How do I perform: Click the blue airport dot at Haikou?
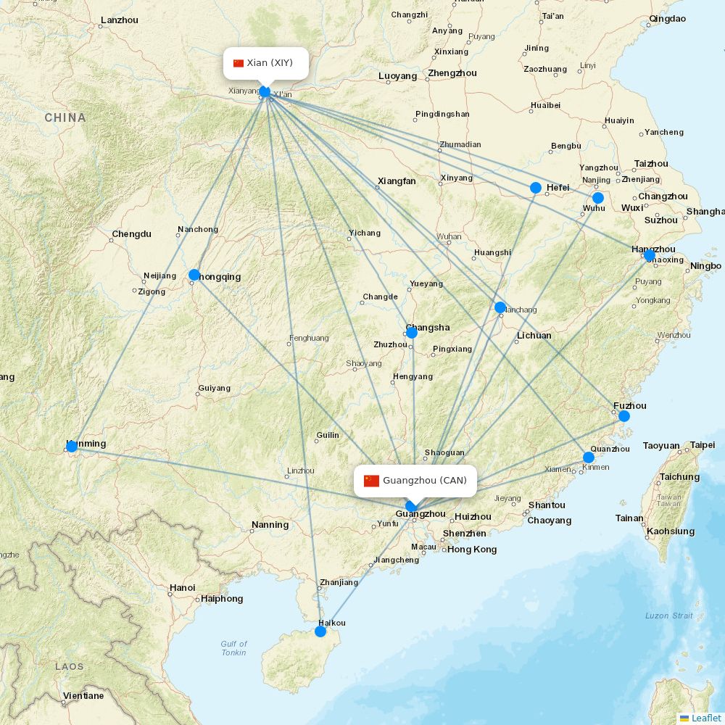(320, 631)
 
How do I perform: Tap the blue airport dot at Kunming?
(72, 446)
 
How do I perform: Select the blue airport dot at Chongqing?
(194, 275)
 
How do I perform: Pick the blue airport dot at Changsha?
(412, 333)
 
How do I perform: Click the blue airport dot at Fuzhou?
(623, 416)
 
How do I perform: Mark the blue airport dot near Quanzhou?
(589, 457)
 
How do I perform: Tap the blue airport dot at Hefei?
(536, 188)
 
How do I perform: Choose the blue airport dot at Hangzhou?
(650, 255)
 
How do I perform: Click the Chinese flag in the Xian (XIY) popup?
(239, 63)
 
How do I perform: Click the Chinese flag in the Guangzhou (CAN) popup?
(372, 481)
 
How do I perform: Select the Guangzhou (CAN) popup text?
(425, 481)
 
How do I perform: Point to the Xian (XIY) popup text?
(270, 63)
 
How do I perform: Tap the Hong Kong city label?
(472, 550)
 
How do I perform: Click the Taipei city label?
(702, 445)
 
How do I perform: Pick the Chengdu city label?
(131, 234)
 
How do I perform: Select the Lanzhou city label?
(120, 20)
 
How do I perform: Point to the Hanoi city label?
(182, 587)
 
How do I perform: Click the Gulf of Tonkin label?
(234, 648)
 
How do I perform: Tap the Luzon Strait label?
(668, 616)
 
